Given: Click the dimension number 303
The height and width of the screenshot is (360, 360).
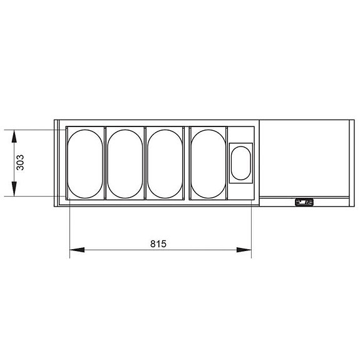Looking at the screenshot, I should (21, 163).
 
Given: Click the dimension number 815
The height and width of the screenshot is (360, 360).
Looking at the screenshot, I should (158, 244).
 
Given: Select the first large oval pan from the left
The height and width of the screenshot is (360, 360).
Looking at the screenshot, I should (85, 163).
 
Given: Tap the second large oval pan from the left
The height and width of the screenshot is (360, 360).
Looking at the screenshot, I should (125, 163).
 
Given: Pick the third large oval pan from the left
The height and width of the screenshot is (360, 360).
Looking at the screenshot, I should (164, 163).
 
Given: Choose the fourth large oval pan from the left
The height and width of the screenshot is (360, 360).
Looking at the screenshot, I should (208, 163).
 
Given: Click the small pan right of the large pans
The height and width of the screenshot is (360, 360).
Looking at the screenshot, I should (240, 162).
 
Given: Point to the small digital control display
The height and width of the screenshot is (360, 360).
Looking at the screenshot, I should (304, 202).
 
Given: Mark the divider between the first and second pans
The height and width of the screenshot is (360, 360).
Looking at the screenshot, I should (105, 163).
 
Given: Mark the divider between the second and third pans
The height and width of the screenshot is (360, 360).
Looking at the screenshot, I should (145, 163).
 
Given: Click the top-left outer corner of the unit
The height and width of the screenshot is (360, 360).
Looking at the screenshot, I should (54, 120).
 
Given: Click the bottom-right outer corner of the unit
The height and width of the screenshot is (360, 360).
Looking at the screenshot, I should (351, 207).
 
